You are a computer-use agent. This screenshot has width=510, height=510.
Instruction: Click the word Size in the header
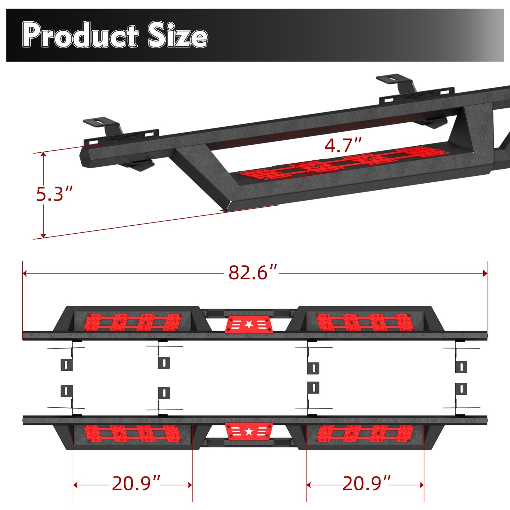pos(178,36)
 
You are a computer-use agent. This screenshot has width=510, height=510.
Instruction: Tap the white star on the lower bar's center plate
pos(249,432)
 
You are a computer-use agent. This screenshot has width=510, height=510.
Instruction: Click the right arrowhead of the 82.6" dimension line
pos(485,273)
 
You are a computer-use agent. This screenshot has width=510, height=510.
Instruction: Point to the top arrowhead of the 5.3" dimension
pos(44,155)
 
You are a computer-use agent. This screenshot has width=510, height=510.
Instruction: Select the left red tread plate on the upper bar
pos(132,322)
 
